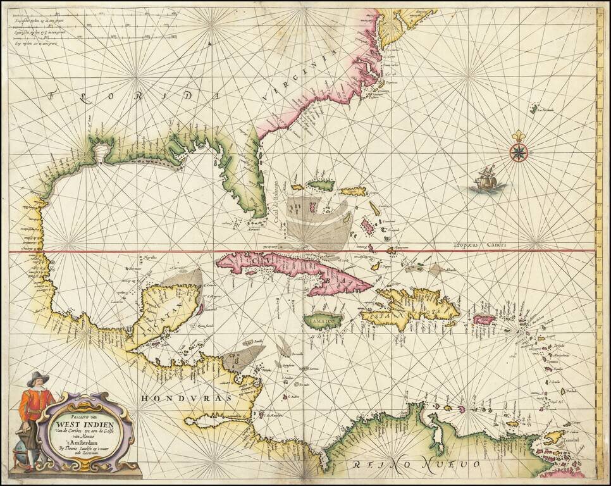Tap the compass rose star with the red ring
point(519,153)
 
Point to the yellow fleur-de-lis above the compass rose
point(519,137)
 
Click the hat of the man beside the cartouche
point(37,378)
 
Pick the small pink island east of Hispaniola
point(484,320)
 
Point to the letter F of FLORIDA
point(55,96)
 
